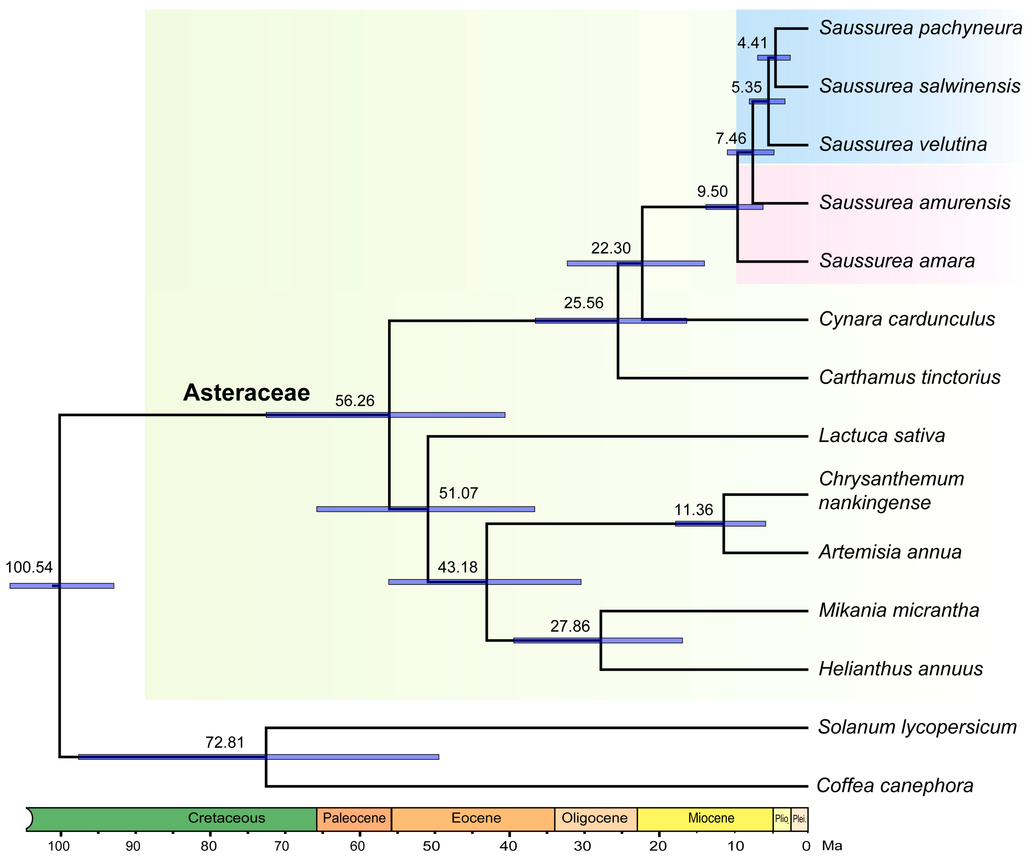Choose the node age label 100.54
coord(29,567)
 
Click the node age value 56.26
coord(354,401)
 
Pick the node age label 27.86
coord(570,626)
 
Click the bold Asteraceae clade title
coord(246,393)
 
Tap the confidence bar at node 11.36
coord(720,524)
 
